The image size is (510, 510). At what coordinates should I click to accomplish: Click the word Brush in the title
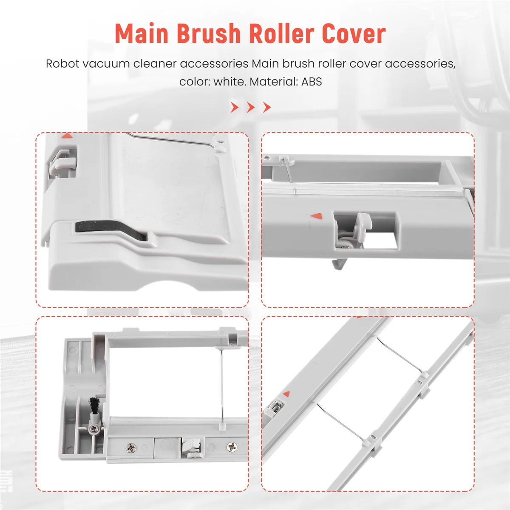coord(208,34)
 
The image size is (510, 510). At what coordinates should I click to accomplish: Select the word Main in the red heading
coord(142,34)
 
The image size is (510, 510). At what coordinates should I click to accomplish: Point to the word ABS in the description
coord(312,82)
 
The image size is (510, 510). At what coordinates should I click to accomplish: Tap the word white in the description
coord(229,82)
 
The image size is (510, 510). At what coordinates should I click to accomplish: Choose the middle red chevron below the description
coord(251,107)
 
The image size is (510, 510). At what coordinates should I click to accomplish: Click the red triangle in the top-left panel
coord(67,136)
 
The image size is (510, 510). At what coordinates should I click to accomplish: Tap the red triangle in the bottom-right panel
coord(286,394)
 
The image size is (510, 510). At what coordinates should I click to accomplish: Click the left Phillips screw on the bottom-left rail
coord(130,447)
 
